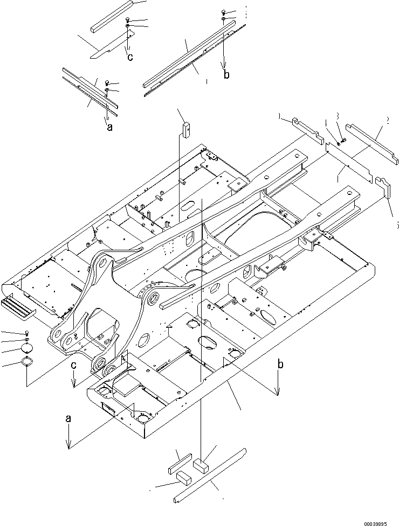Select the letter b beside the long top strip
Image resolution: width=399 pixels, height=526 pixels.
click(x=226, y=75)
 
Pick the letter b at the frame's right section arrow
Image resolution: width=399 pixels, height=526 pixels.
click(x=280, y=364)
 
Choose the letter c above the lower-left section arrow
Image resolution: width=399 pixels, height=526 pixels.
click(x=73, y=365)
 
